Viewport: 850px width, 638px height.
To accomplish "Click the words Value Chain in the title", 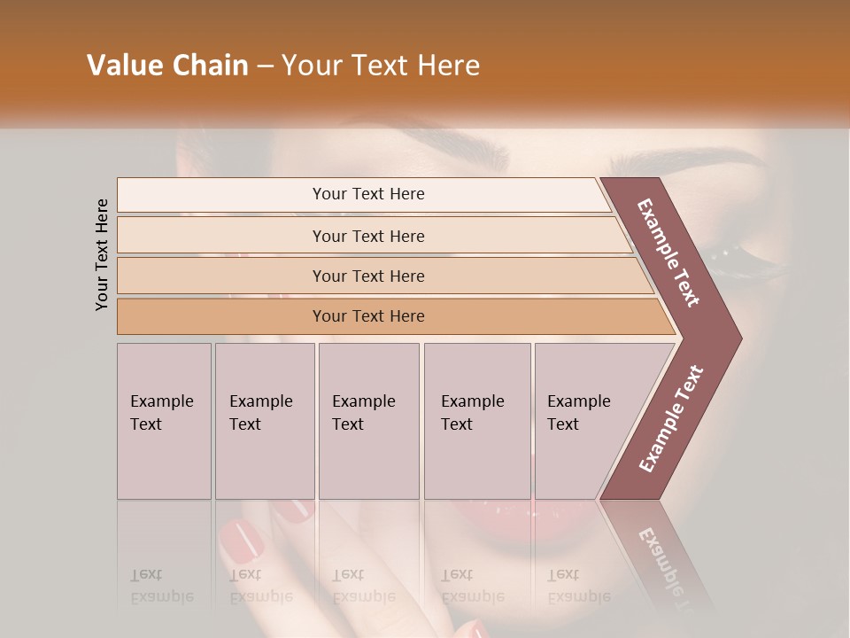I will (x=167, y=66).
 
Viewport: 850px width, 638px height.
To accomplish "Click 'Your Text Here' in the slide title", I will (x=381, y=66).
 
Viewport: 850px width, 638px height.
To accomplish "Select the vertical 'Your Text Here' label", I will (x=102, y=255).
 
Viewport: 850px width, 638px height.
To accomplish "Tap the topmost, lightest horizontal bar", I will (x=367, y=194).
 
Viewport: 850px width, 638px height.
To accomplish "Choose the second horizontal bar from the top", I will (x=367, y=236).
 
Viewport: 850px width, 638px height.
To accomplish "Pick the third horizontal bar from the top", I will (x=367, y=276).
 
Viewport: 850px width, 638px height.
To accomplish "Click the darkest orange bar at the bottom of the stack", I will (x=367, y=316).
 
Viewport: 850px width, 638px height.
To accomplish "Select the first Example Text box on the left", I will (x=164, y=421).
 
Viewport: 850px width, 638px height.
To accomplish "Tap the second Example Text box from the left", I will (x=264, y=421).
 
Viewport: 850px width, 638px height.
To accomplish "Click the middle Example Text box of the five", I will (x=368, y=421).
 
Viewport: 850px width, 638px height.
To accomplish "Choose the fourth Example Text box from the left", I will (x=476, y=421).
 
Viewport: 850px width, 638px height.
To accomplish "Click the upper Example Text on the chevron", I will (x=668, y=253).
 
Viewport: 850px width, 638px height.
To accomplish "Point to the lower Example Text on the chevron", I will (x=670, y=419).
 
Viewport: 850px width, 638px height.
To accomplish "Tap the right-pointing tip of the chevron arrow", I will (x=737, y=338).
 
